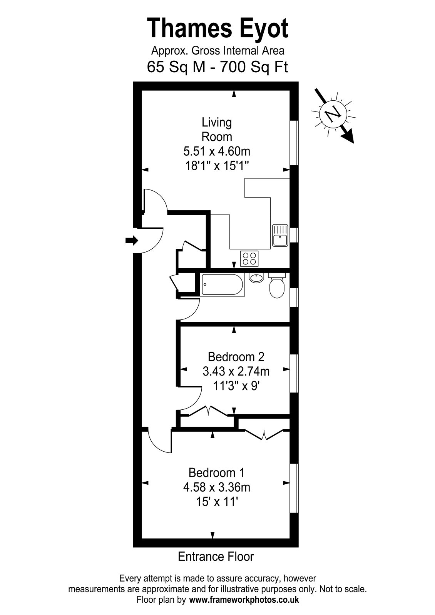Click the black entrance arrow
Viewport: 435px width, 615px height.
point(131,241)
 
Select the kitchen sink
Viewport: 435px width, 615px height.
point(280,235)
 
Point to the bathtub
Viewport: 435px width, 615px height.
point(222,284)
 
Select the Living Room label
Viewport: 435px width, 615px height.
point(217,130)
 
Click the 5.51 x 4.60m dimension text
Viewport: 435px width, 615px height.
point(217,151)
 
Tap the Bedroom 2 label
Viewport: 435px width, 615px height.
point(236,357)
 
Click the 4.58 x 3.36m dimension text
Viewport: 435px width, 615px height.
point(217,487)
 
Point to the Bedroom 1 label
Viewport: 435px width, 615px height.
point(217,472)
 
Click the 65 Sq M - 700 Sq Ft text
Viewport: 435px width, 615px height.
point(217,67)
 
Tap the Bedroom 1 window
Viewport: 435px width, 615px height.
point(294,488)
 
